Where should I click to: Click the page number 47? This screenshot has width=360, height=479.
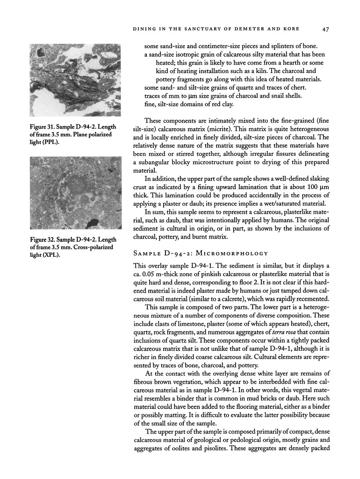[x=326, y=29]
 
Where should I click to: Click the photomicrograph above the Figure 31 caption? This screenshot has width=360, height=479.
[x=75, y=80]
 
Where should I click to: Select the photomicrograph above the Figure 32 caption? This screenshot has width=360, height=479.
[x=75, y=192]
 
